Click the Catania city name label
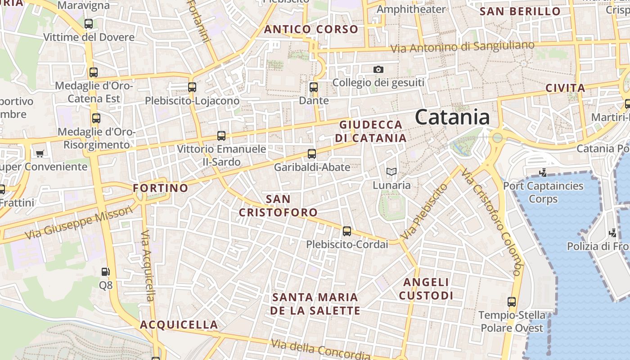(x=452, y=117)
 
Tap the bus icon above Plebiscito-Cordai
(x=346, y=231)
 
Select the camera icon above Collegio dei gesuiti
(x=378, y=69)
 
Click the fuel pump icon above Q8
(x=105, y=271)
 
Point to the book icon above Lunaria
(x=391, y=171)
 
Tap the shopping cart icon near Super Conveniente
(x=40, y=154)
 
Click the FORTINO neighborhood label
(x=161, y=188)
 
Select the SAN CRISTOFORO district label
(x=278, y=206)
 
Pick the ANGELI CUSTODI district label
(x=426, y=289)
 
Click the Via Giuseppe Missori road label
(x=79, y=223)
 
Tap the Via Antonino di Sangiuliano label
(x=462, y=46)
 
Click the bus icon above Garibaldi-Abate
(x=312, y=154)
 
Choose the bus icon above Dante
(x=314, y=87)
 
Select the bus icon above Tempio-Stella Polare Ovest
(x=512, y=302)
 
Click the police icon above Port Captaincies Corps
(x=543, y=172)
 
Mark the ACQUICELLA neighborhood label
(x=179, y=325)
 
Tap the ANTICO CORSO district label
(x=311, y=30)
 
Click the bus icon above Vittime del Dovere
(x=89, y=24)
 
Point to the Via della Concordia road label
(x=320, y=349)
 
